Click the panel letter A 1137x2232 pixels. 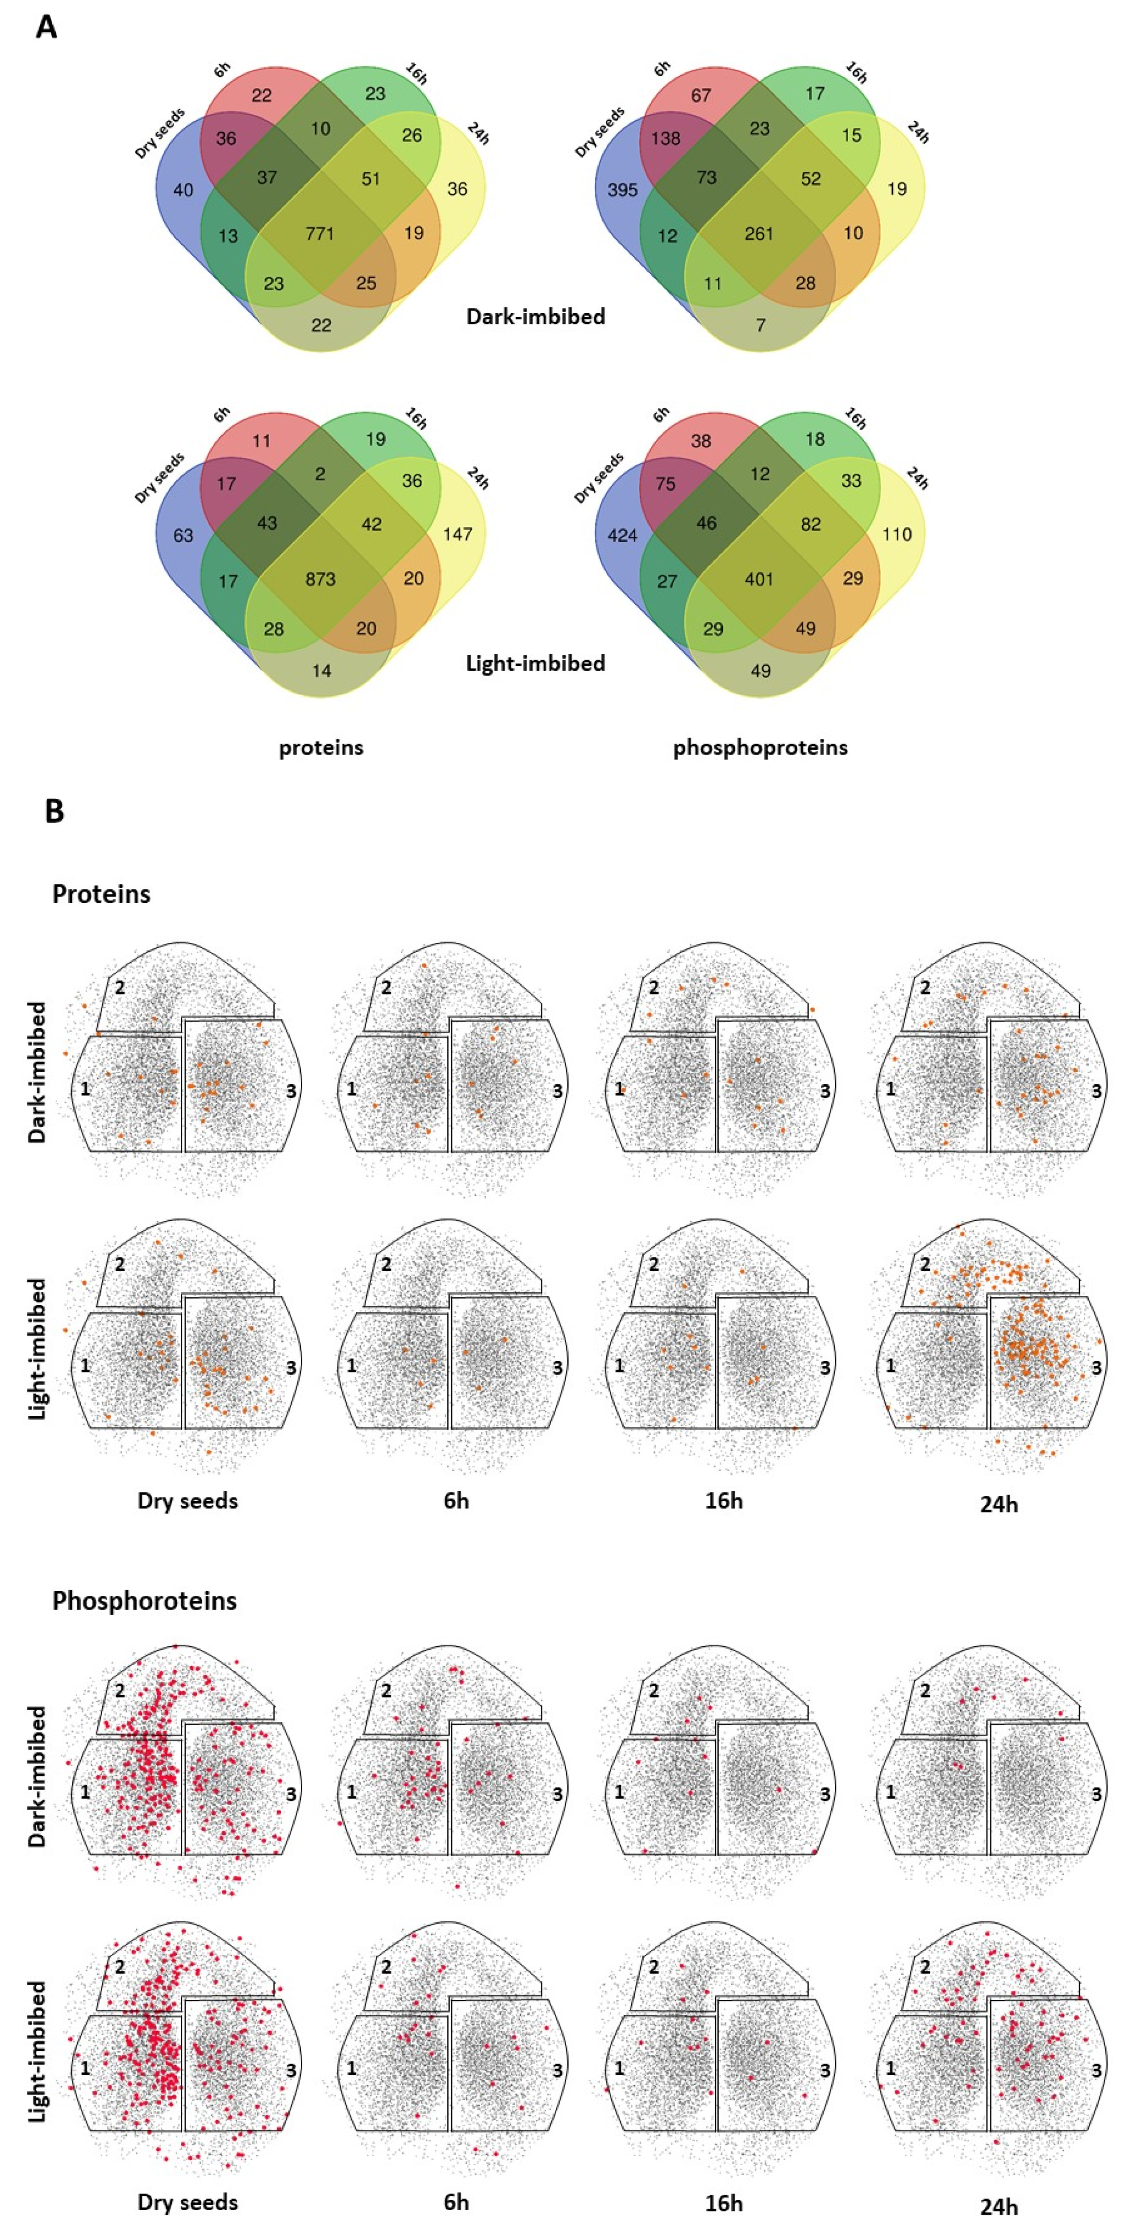coord(46,28)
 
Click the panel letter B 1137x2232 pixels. coord(54,812)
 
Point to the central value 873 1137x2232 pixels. coord(320,579)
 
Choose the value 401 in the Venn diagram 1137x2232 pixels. coord(759,579)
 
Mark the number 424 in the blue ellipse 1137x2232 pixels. coord(622,535)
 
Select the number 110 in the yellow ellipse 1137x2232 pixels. coord(897,534)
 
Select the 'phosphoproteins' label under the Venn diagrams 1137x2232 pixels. coord(760,747)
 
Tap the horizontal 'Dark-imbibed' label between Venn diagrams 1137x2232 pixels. coord(536,316)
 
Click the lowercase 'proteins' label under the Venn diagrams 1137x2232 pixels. coord(321,747)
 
